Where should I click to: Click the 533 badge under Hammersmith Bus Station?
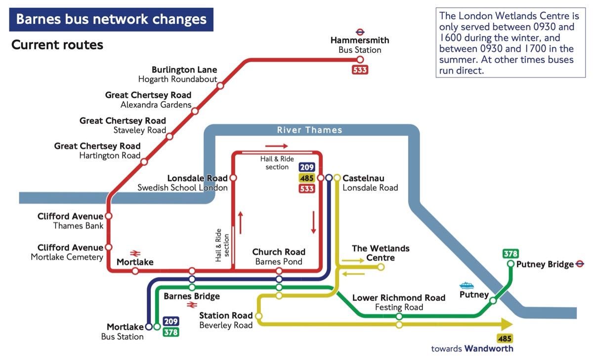(x=360, y=70)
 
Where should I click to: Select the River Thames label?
(x=309, y=130)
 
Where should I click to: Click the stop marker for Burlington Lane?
(x=220, y=85)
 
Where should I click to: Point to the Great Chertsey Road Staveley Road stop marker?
(x=169, y=136)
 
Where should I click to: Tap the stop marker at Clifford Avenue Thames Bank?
(x=109, y=216)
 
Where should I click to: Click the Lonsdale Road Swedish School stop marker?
(x=233, y=178)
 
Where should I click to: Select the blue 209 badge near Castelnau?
(x=307, y=167)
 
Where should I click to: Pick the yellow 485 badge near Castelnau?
(x=307, y=178)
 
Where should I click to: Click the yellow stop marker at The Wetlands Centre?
(x=381, y=267)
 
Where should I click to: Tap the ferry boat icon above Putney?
(x=467, y=285)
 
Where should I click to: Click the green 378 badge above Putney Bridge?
(x=510, y=254)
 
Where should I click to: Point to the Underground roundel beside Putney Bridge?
(x=580, y=264)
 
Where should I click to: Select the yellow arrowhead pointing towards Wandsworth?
(x=507, y=324)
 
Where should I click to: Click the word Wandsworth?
(x=489, y=349)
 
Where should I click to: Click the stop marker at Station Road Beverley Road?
(x=258, y=316)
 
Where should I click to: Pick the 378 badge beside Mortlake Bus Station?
(x=170, y=332)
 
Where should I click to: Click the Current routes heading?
(x=57, y=45)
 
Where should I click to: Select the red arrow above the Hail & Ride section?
(x=276, y=146)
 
